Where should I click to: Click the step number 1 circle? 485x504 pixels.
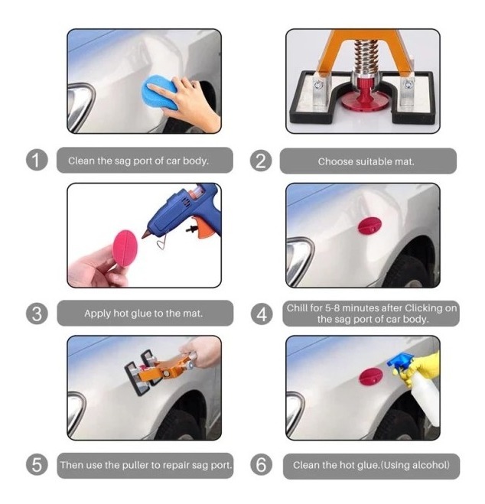[x=37, y=161]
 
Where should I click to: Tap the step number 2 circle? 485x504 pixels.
[x=261, y=161]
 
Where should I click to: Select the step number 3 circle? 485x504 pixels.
[x=37, y=314]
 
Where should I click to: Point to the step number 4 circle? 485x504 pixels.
[x=262, y=314]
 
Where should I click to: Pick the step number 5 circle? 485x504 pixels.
[x=37, y=465]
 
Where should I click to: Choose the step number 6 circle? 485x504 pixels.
[x=261, y=465]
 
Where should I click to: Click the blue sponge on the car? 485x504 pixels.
[x=160, y=92]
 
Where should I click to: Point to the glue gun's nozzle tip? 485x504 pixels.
[x=143, y=236]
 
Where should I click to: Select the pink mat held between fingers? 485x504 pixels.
[x=125, y=248]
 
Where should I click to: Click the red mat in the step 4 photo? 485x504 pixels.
[x=369, y=226]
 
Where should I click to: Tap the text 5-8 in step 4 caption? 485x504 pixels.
[x=332, y=308]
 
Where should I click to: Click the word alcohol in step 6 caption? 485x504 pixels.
[x=431, y=465]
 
